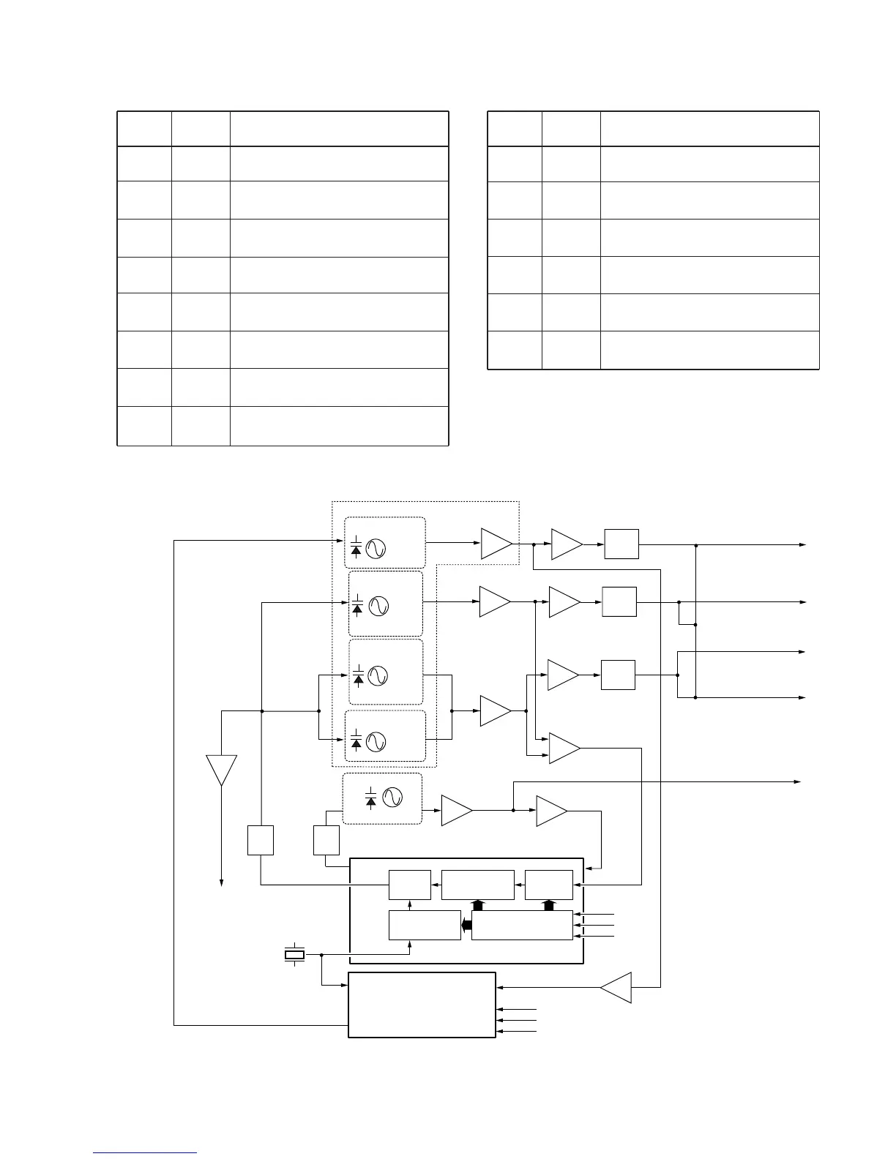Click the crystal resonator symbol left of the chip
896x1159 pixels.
294,954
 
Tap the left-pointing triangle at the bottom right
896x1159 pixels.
617,987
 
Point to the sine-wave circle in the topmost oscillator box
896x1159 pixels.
376,549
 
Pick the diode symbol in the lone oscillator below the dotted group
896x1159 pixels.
371,798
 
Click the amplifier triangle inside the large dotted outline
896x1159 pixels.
496,543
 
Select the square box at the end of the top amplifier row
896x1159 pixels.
621,544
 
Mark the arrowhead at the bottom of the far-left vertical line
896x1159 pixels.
221,882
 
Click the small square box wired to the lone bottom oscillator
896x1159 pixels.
326,840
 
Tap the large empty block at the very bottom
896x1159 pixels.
422,1005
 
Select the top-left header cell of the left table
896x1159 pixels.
144,129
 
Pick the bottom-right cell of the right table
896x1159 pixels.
709,350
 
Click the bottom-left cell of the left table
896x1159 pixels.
144,426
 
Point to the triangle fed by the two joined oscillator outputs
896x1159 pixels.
496,710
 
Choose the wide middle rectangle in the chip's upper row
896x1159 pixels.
478,885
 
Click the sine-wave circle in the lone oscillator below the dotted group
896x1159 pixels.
392,798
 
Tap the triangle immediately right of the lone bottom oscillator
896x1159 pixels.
457,811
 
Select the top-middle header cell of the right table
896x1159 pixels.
571,129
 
